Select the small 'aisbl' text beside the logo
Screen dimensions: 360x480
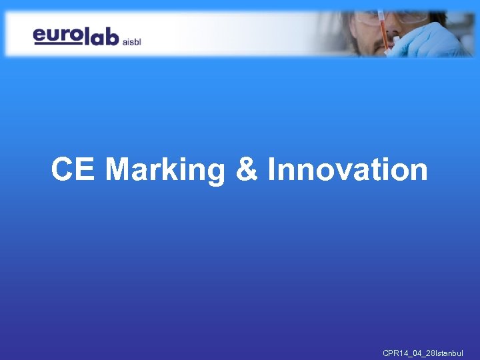(x=131, y=39)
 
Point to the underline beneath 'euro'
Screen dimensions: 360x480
(x=57, y=43)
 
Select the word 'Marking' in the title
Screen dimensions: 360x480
(x=166, y=169)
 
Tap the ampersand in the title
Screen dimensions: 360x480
(x=247, y=169)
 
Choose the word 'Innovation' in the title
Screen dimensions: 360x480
(x=347, y=169)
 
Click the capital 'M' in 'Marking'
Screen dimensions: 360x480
(x=119, y=169)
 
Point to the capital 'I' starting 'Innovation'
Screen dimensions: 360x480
(x=271, y=169)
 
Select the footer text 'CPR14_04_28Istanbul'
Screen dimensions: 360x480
(x=423, y=353)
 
